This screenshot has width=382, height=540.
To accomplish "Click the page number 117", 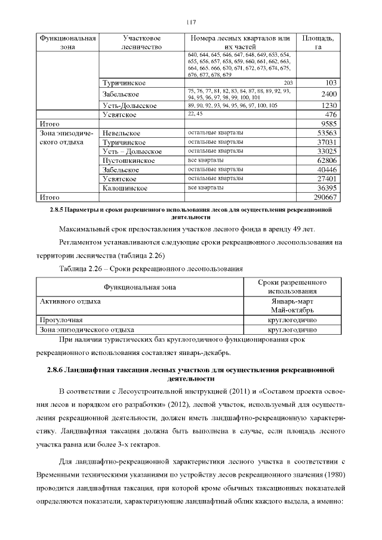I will tap(191, 22).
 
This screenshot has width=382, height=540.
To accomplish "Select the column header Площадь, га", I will tap(318, 42).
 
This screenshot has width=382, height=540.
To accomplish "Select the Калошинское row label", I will tap(125, 187).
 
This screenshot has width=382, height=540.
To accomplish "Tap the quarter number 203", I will tap(288, 82).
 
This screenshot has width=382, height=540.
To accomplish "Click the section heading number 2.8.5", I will tap(58, 211).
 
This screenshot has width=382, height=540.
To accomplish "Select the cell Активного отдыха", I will tap(70, 301).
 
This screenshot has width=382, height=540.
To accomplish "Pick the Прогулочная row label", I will tap(61, 320).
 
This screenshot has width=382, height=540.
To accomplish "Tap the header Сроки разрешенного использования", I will tap(293, 286).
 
